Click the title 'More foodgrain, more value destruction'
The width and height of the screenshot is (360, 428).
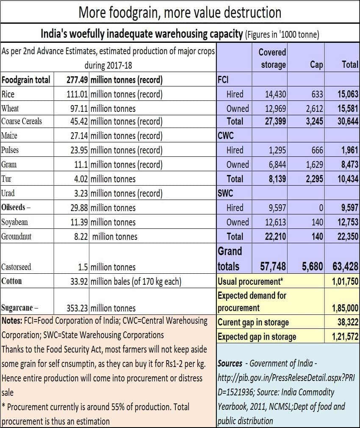click(x=180, y=12)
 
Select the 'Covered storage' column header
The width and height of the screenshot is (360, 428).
click(x=272, y=58)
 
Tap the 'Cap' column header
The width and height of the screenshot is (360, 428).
click(x=316, y=64)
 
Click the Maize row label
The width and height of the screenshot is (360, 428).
click(x=10, y=136)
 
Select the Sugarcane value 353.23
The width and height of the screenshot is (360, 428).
click(x=77, y=308)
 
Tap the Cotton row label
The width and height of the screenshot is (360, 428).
click(x=12, y=281)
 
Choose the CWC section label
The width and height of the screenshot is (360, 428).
click(x=226, y=136)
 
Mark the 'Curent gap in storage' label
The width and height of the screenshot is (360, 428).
click(x=253, y=322)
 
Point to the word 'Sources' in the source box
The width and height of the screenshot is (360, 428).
click(x=230, y=363)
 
